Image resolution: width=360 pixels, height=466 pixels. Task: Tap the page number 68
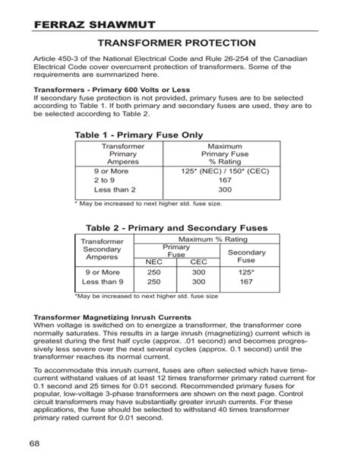tap(36, 443)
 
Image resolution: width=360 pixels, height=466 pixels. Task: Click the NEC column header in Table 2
tap(154, 262)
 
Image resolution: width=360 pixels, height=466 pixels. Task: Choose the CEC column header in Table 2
tap(198, 262)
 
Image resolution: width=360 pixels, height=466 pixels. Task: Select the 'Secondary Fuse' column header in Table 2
tap(246, 255)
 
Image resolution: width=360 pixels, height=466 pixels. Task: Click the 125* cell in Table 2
tap(246, 272)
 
